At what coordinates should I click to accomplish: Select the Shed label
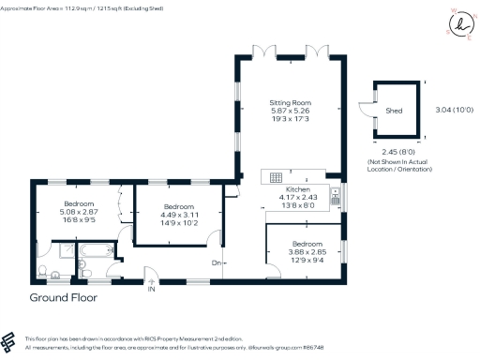pyautogui.click(x=394, y=110)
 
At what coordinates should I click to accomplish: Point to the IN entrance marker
pyautogui.click(x=150, y=289)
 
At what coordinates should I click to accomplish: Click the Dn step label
pyautogui.click(x=217, y=262)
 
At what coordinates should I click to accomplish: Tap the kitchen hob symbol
pyautogui.click(x=277, y=177)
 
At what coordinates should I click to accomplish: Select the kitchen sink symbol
pyautogui.click(x=335, y=198)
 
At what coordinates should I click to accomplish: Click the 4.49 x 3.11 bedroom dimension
pyautogui.click(x=178, y=215)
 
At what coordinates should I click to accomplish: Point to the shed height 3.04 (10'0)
pyautogui.click(x=454, y=110)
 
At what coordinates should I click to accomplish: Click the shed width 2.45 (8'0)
pyautogui.click(x=398, y=151)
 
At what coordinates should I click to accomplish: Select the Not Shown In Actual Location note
pyautogui.click(x=399, y=166)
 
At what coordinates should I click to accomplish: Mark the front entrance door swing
pyautogui.click(x=150, y=275)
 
